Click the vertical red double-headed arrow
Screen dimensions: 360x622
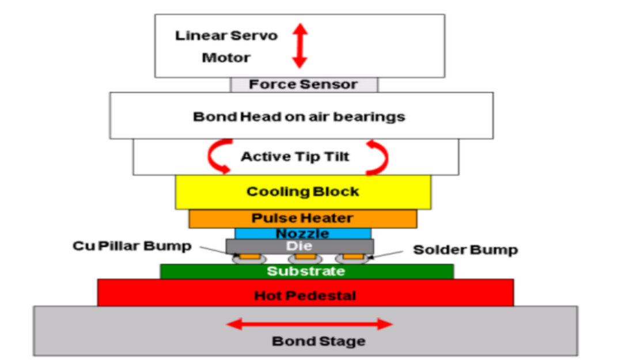300,46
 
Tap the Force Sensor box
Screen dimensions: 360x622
304,85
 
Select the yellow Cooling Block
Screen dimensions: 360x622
303,192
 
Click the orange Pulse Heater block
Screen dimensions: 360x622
302,219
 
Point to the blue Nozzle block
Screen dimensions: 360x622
303,234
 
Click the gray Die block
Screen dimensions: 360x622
299,246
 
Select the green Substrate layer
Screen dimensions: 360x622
306,271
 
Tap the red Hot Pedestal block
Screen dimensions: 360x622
305,296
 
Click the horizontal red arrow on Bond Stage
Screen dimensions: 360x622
309,324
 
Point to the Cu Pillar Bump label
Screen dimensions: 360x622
132,246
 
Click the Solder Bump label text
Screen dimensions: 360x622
465,249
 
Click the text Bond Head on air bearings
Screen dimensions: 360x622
299,117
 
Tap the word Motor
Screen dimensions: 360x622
226,58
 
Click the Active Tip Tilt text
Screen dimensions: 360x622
295,157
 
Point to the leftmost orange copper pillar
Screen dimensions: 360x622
249,256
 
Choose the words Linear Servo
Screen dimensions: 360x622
226,36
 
